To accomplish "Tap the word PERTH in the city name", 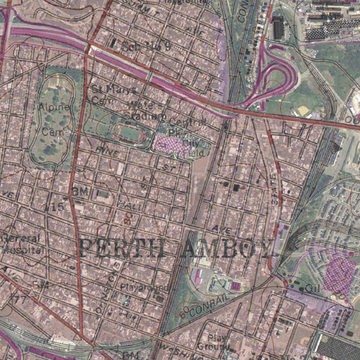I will [x=121, y=247].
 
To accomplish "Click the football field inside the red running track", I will [x=129, y=133].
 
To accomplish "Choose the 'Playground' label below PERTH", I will [x=144, y=287].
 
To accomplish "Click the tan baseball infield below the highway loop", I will [x=303, y=111].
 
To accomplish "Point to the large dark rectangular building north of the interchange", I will [x=278, y=27].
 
